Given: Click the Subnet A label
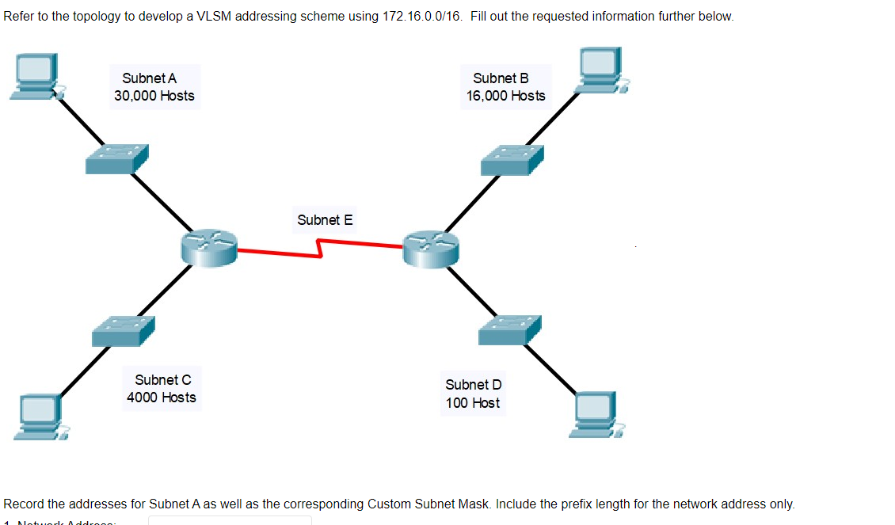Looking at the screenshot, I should coord(149,78).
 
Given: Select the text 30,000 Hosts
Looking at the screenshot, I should coord(154,96).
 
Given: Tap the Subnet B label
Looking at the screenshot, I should coord(501,78).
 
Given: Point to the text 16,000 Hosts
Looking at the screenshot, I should coord(505,96).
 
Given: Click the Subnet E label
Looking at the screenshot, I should coord(325,220).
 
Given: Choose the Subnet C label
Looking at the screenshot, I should coord(162,380).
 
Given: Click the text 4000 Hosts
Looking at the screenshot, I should coord(162,398).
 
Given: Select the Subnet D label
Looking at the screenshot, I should coord(473,385).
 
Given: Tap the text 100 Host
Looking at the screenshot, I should coord(473,403).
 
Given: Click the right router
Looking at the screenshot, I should coord(431,249).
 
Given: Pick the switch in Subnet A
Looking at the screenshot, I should coord(116,159).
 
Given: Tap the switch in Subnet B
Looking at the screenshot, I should coord(512,160).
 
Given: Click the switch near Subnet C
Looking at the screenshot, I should coord(123,330).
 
